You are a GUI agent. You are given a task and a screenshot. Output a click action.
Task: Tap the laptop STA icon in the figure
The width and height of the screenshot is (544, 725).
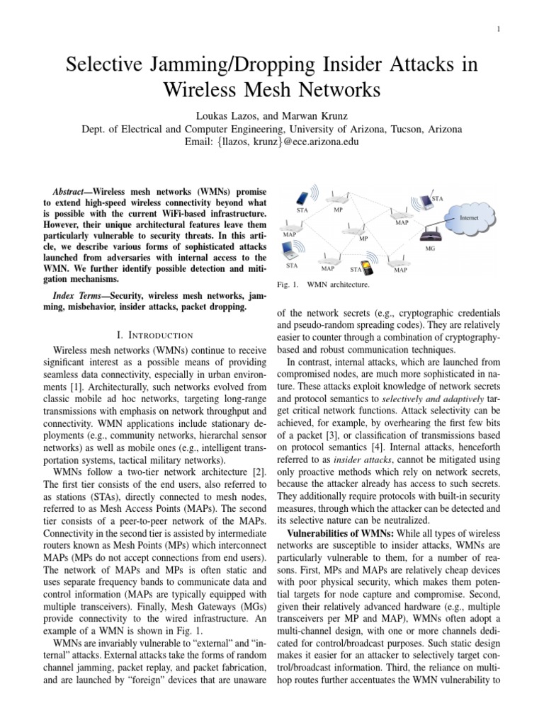click(291, 251)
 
